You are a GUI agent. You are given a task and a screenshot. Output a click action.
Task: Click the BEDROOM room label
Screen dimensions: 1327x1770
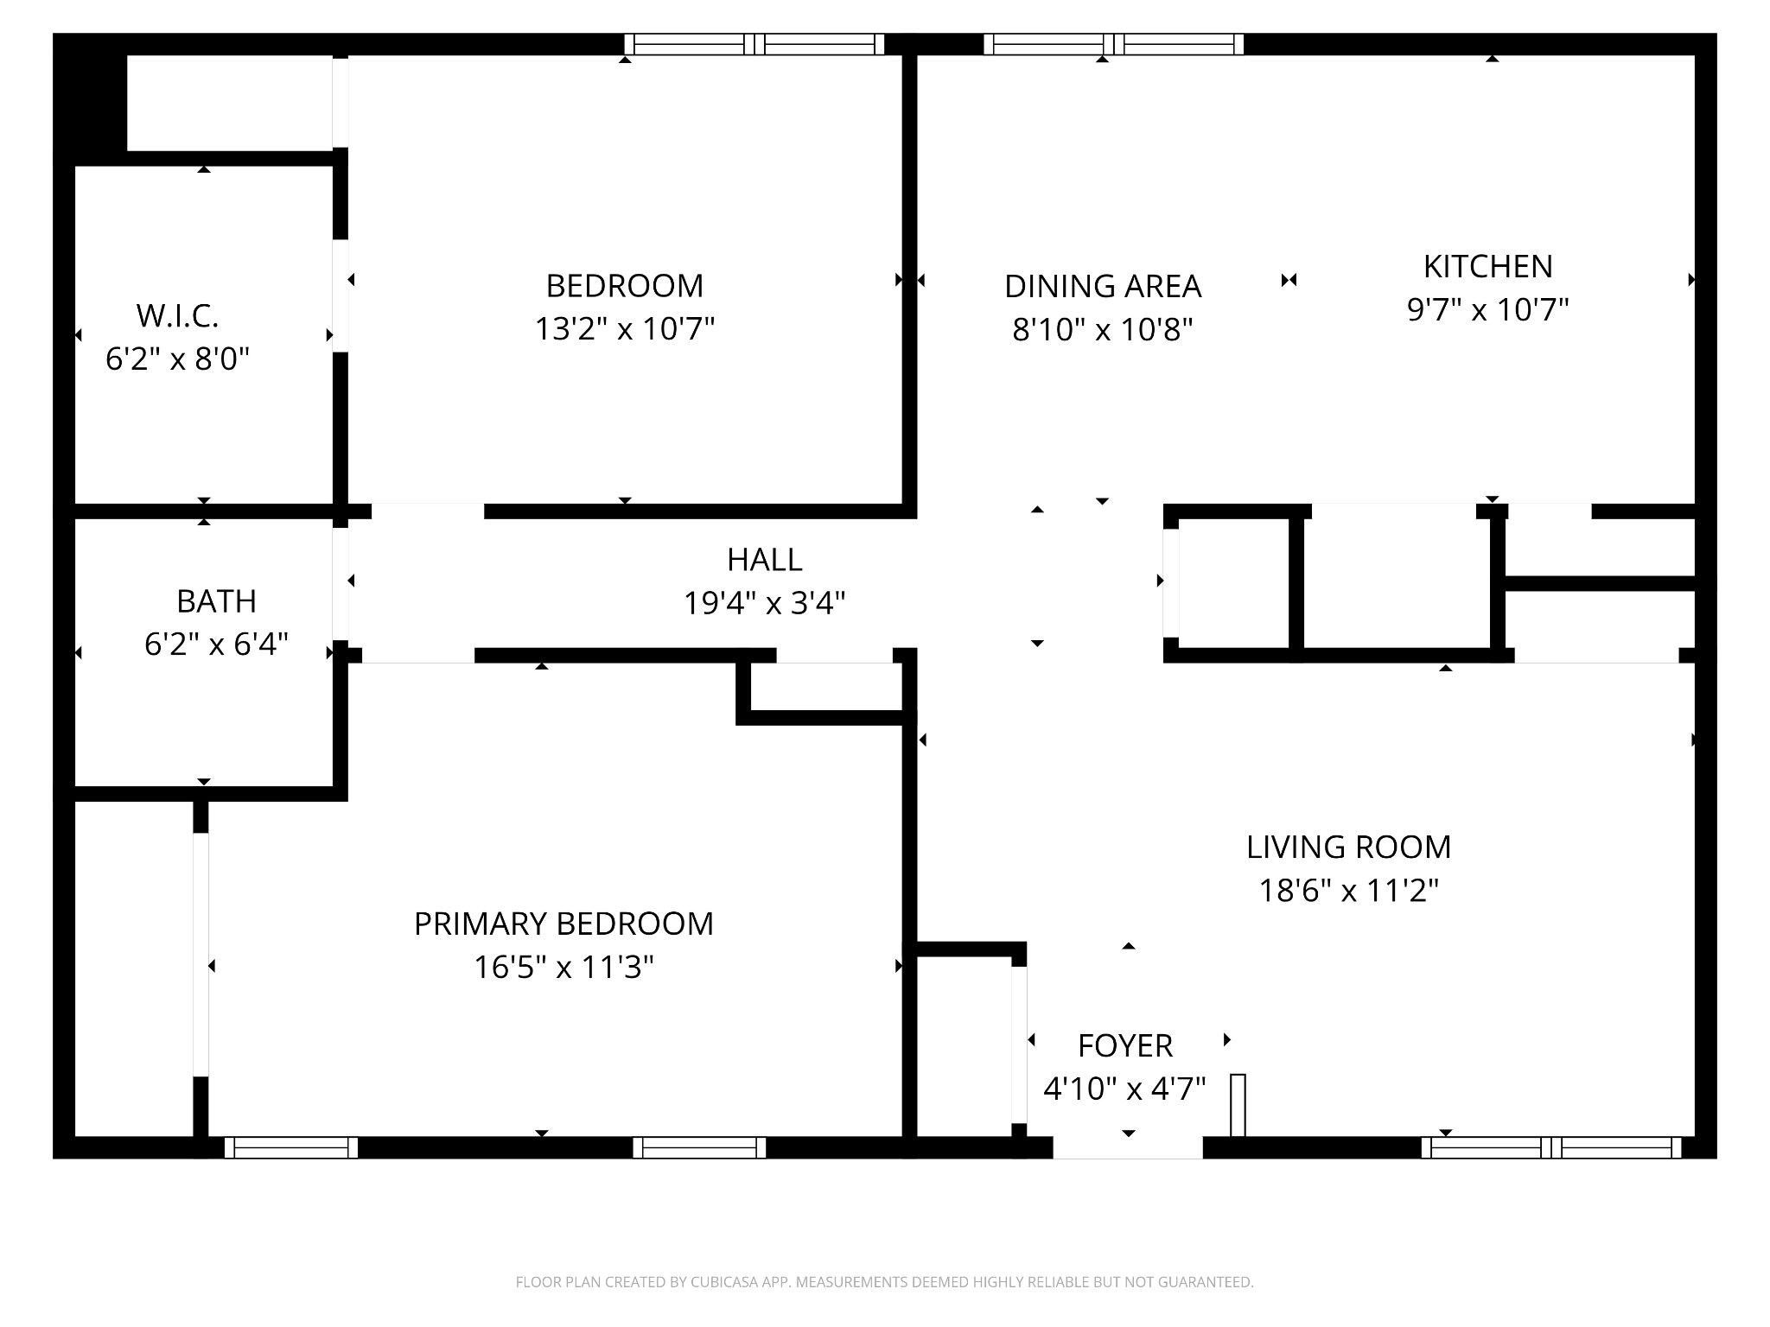tap(624, 286)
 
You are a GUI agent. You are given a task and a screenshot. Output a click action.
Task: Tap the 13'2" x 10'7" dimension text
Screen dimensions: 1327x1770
tap(624, 329)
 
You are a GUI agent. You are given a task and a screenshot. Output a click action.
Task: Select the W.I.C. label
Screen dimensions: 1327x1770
tap(177, 316)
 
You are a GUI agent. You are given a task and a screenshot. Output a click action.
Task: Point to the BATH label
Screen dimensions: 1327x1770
tap(216, 601)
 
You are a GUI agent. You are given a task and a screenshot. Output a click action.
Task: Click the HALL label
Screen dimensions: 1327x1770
tap(764, 560)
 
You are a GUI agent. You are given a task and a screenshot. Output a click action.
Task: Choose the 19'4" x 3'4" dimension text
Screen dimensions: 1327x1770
tap(764, 603)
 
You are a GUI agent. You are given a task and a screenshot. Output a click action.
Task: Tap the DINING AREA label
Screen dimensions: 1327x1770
tap(1102, 286)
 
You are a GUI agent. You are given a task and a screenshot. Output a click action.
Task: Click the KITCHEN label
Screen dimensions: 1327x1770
tap(1487, 267)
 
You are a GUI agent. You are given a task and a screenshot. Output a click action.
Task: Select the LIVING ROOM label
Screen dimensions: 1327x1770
tap(1348, 848)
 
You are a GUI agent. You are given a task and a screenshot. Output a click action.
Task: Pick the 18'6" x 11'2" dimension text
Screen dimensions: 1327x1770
tap(1348, 891)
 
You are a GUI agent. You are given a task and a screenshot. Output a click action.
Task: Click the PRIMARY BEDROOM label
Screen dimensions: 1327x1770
tap(563, 924)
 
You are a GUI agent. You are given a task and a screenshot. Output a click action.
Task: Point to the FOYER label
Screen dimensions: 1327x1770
tap(1124, 1046)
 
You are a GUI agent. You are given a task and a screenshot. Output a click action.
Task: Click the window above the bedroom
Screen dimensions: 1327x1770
tap(754, 44)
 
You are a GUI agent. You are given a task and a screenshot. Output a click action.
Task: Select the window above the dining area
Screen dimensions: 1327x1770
tap(1113, 44)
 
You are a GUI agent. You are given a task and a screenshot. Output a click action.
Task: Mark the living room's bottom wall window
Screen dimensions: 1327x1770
tap(1551, 1147)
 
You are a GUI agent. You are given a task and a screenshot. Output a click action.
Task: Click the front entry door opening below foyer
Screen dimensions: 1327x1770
tap(1127, 1147)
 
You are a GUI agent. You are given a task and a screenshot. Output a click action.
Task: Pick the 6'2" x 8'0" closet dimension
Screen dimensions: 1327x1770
tap(177, 359)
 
